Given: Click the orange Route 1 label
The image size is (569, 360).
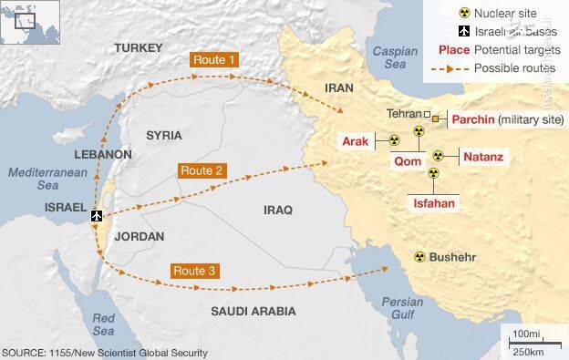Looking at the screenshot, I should click(x=216, y=60).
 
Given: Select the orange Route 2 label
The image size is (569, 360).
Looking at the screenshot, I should click(x=202, y=170).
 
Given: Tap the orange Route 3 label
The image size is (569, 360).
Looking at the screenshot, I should click(x=194, y=271).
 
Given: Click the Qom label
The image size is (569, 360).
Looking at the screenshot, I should click(x=406, y=160).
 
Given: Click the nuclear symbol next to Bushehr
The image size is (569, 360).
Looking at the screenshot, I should click(x=419, y=257).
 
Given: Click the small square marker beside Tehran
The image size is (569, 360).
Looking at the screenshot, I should click(x=427, y=114).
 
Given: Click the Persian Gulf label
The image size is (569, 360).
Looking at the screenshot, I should click(x=402, y=307).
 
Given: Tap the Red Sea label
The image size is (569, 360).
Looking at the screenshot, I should click(x=103, y=324).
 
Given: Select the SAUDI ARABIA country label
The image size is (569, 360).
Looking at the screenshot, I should click(x=253, y=311).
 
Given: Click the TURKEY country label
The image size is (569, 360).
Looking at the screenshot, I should click(x=139, y=46).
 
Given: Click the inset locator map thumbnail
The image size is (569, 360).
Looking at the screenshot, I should click(x=25, y=23).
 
